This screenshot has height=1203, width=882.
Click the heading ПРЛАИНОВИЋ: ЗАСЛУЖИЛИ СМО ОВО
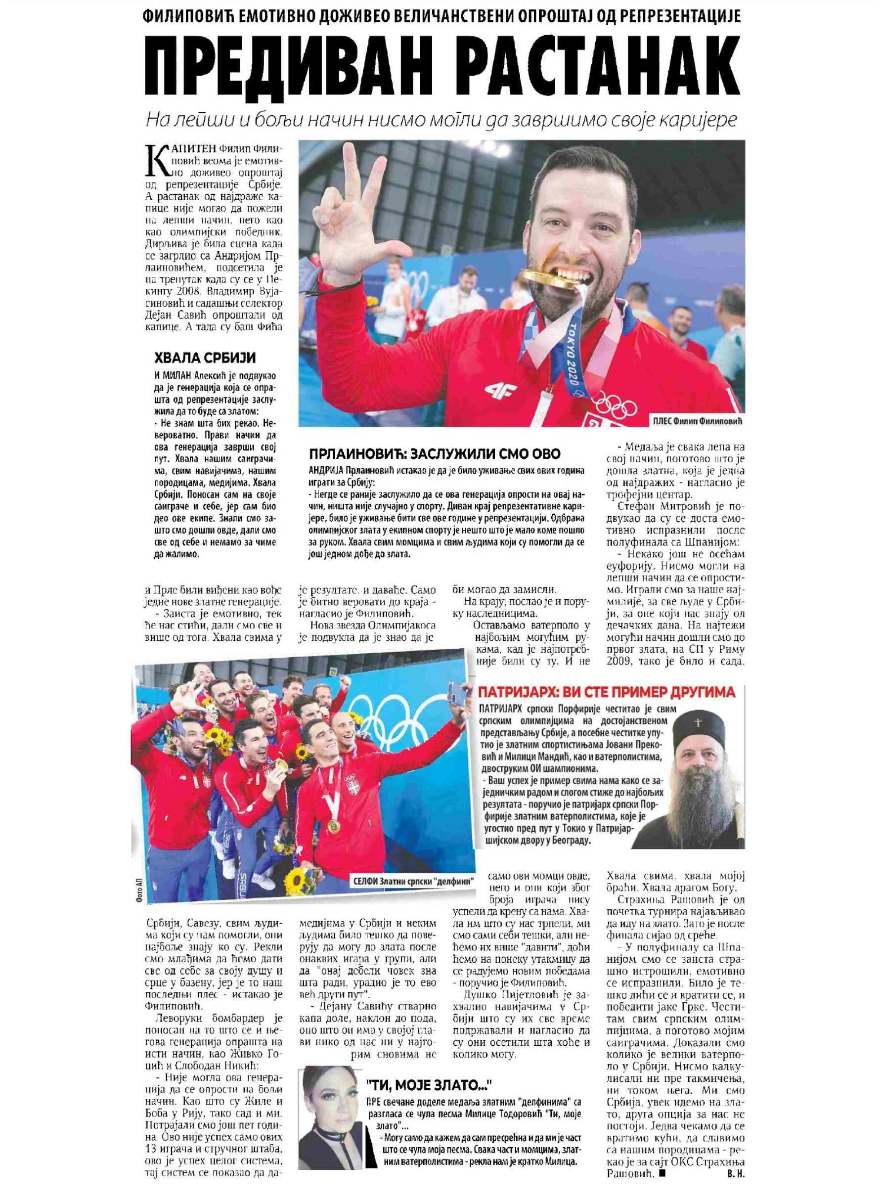435,454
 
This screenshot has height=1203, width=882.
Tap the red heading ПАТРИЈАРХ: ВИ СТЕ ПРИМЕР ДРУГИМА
607,693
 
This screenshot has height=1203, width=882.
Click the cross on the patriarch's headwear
697,721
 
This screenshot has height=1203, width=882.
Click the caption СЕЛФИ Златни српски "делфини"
414,881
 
